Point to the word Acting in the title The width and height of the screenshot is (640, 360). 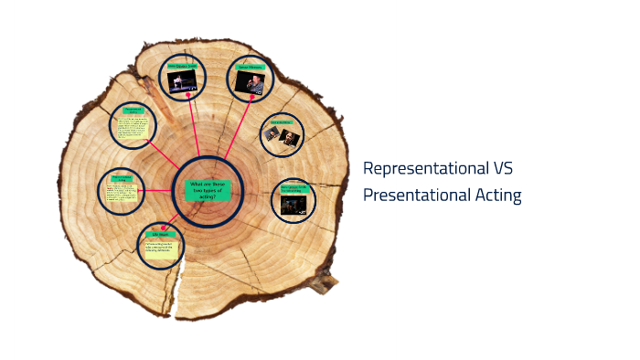tap(498, 195)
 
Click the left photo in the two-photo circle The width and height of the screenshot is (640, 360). tap(272, 133)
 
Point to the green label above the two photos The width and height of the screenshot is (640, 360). tap(280, 122)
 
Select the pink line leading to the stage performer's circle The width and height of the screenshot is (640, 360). tap(195, 128)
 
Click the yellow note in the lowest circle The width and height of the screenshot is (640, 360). tap(161, 249)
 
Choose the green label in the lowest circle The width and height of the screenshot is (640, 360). tap(161, 234)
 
